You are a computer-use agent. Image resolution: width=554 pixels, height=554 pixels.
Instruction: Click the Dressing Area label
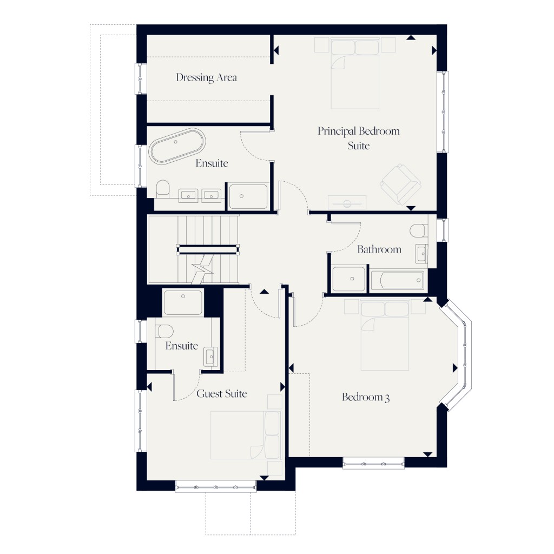click(206, 77)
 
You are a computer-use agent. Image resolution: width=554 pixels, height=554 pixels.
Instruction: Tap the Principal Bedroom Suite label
click(358, 138)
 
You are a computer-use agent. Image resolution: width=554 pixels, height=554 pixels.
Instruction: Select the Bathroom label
click(379, 249)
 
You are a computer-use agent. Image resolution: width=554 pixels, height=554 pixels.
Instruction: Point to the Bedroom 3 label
click(366, 398)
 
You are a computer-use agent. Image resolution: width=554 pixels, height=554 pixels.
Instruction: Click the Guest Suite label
click(221, 394)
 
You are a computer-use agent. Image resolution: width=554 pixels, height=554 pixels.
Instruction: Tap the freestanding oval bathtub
click(177, 146)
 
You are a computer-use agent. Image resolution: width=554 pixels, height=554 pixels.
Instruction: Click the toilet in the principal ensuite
click(163, 190)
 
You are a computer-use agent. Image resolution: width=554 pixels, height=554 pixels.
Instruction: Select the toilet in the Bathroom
click(418, 232)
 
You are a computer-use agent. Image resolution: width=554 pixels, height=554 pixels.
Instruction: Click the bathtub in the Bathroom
click(398, 280)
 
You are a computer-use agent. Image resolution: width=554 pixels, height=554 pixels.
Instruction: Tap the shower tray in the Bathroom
click(349, 279)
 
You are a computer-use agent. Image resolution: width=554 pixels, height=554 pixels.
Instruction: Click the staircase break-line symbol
click(203, 267)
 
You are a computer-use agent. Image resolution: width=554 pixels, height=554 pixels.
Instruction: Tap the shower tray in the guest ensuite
click(183, 302)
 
